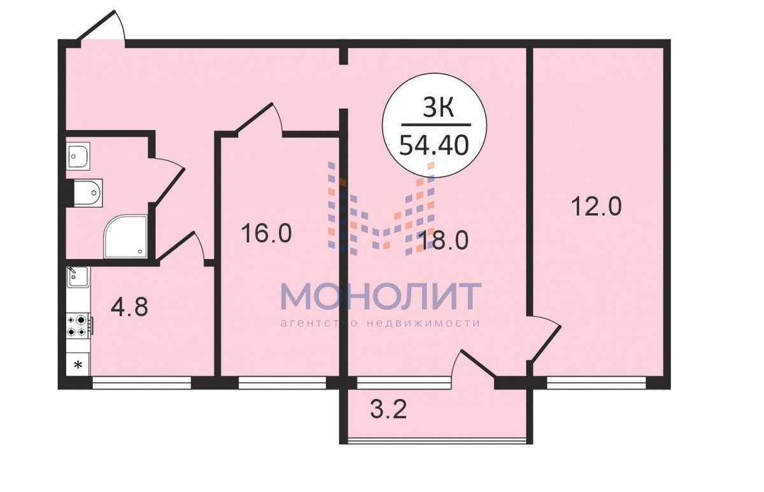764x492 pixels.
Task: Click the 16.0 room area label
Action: (x=266, y=234)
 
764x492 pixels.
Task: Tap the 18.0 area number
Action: (x=444, y=241)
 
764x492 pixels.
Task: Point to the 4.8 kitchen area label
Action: (x=130, y=307)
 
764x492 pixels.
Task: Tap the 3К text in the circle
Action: (x=438, y=107)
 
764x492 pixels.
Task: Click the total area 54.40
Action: (x=434, y=145)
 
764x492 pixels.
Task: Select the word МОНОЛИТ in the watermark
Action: (x=381, y=296)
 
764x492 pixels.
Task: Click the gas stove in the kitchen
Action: (x=80, y=326)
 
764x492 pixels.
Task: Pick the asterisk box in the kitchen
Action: (x=78, y=365)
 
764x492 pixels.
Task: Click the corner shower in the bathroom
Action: (x=126, y=236)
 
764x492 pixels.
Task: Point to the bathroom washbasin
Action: (x=78, y=155)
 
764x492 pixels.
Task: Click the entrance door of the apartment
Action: (x=103, y=28)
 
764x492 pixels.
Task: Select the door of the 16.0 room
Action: (x=259, y=119)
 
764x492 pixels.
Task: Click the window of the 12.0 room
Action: (x=597, y=383)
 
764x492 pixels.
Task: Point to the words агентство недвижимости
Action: (x=380, y=323)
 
